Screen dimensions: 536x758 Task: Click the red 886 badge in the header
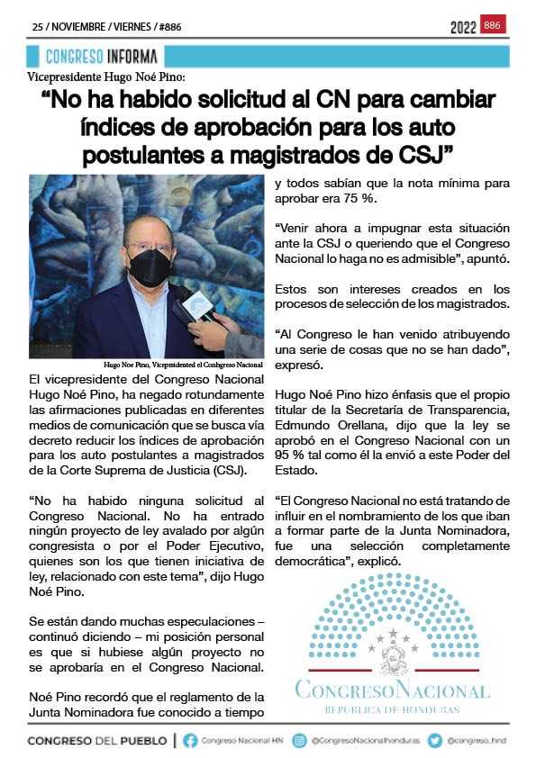click(x=493, y=25)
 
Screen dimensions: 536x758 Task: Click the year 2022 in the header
click(x=463, y=27)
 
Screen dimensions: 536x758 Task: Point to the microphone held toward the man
click(x=195, y=309)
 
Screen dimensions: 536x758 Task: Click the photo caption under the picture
click(x=183, y=365)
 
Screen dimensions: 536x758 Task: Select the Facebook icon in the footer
click(x=190, y=741)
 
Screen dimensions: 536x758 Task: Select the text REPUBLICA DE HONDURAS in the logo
click(x=393, y=710)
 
